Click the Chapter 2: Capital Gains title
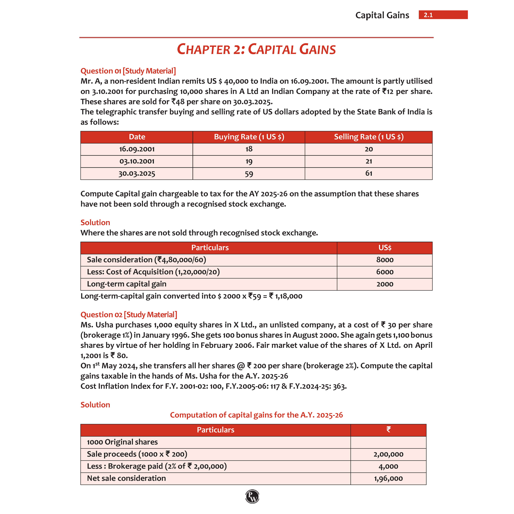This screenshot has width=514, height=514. coord(256,50)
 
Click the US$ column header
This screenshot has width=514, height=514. coord(385,248)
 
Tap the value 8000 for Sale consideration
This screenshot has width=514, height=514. coord(385,260)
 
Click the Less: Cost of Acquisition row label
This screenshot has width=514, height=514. coord(153,272)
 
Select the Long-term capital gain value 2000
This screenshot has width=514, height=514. coord(385,284)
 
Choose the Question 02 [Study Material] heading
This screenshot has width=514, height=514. coord(129,315)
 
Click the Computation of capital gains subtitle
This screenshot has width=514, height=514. coord(256,415)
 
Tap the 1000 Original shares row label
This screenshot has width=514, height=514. coord(122,442)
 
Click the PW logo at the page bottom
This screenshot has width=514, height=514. coord(252,496)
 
